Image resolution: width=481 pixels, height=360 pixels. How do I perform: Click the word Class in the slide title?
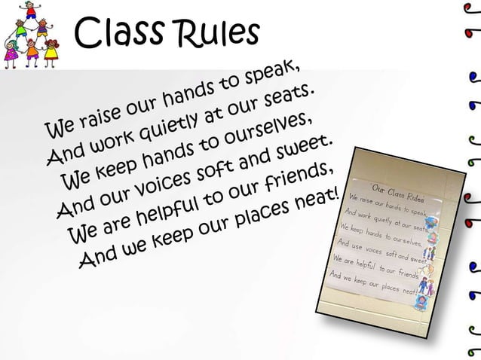pos(117,33)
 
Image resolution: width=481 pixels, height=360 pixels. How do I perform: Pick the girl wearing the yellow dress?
pos(51,53)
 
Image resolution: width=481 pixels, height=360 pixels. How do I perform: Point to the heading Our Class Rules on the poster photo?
pos(397,191)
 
